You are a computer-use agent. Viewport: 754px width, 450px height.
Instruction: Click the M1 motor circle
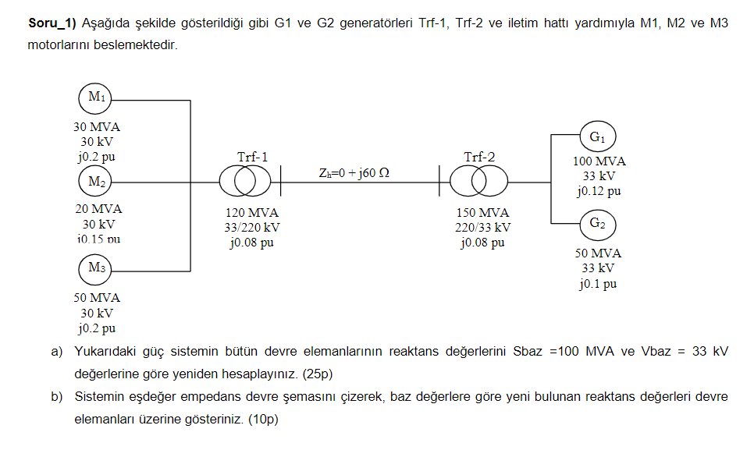coord(97,97)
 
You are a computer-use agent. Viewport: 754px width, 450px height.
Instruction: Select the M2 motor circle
coord(97,182)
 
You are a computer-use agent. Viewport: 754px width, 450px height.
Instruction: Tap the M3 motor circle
coord(97,268)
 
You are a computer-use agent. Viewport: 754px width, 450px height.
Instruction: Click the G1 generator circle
coord(597,137)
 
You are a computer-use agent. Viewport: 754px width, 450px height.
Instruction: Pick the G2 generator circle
coord(597,224)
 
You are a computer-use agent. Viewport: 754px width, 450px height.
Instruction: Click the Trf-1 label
coord(252,157)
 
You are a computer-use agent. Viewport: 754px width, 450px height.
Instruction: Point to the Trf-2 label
coord(478,157)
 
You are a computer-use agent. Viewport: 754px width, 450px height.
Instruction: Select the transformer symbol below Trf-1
coord(244,182)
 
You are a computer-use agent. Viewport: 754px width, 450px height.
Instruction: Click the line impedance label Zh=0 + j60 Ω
coord(354,172)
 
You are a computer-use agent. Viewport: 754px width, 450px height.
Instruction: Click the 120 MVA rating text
coord(251,213)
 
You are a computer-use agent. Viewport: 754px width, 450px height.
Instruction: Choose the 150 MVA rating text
coord(482,213)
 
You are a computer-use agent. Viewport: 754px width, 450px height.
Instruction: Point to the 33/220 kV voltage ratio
coord(251,228)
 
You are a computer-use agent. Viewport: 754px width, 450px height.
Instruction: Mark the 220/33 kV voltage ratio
coord(482,228)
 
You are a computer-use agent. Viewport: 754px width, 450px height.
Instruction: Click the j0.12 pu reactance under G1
coord(599,191)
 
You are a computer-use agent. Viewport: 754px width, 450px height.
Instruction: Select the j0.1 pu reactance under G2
coord(598,284)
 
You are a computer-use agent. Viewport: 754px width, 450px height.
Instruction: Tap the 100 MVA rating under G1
coord(599,161)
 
